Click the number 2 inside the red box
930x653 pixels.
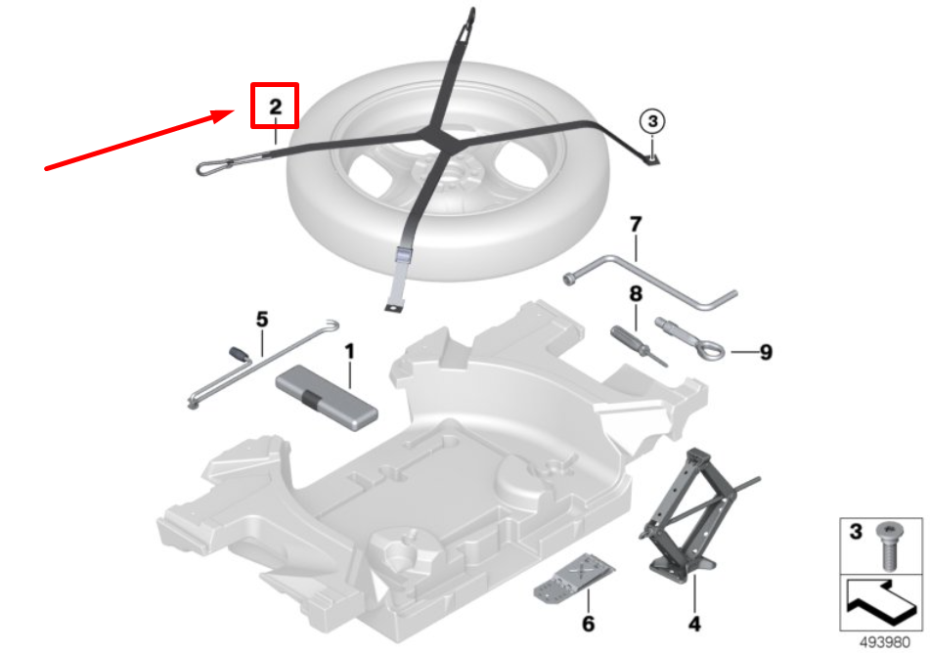(x=275, y=107)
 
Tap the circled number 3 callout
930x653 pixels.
(x=652, y=121)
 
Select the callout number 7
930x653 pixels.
(x=636, y=224)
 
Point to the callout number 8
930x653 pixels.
(x=636, y=293)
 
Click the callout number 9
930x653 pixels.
(x=766, y=352)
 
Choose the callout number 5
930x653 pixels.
(x=261, y=319)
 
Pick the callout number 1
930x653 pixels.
(x=349, y=351)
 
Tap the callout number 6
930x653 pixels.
(x=588, y=624)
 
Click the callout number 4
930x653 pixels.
(x=694, y=624)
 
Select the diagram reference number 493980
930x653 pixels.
(x=884, y=642)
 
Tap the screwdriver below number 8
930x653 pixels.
(x=639, y=346)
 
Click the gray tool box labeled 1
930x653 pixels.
(x=327, y=398)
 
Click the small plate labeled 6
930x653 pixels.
(x=574, y=579)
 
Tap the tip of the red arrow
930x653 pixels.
(x=236, y=110)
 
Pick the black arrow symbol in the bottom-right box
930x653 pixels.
(x=881, y=602)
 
